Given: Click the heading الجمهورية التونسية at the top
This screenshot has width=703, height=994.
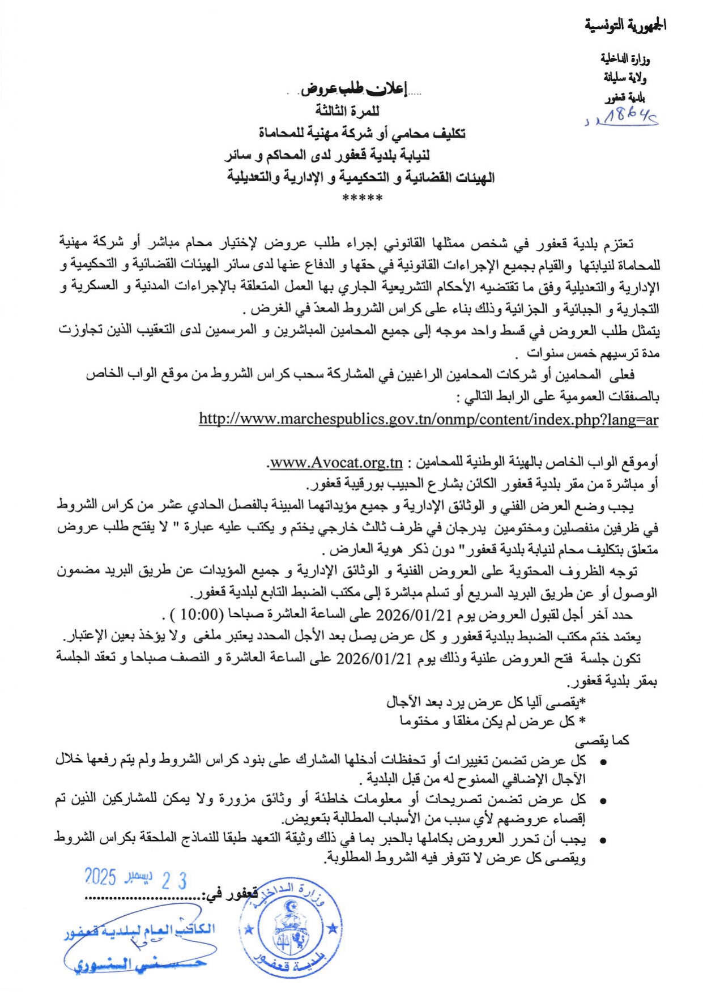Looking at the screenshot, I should (625, 25).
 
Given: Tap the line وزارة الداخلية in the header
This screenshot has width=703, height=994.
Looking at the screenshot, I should (625, 59).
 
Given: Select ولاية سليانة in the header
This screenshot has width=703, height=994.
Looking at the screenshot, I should (625, 77).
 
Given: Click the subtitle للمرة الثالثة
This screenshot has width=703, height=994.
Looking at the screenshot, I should (347, 110).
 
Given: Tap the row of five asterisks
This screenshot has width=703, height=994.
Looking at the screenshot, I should (363, 198).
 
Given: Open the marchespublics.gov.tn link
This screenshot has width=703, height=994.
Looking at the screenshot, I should (428, 419).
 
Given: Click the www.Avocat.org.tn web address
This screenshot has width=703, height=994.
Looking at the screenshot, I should (336, 463).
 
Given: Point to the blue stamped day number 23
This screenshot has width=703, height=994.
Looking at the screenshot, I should (174, 880).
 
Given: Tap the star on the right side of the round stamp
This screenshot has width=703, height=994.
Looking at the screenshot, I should (333, 928).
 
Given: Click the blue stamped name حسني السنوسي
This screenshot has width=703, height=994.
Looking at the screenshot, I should (140, 963).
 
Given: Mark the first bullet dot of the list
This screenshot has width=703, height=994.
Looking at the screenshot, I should (604, 762).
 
